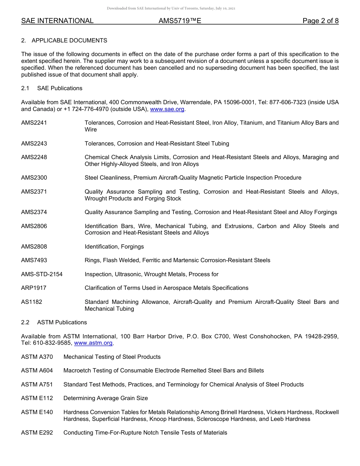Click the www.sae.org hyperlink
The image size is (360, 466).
tap(167, 109)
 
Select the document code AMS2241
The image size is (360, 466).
tap(34, 123)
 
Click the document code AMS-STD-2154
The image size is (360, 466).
tap(42, 274)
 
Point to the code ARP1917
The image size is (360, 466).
tap(34, 288)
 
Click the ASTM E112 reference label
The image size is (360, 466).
tap(37, 398)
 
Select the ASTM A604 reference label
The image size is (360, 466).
tap(37, 370)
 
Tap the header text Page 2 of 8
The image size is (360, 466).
tap(320, 21)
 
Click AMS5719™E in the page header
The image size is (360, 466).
tap(180, 21)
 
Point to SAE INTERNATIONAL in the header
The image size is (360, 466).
tap(57, 21)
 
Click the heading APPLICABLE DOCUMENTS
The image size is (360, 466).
tap(69, 40)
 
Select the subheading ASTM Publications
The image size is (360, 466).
tap(62, 322)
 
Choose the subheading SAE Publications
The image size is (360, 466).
tap(59, 88)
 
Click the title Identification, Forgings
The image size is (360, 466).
tap(114, 246)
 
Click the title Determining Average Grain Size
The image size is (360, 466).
tap(105, 398)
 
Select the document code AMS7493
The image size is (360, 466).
tap(34, 260)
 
